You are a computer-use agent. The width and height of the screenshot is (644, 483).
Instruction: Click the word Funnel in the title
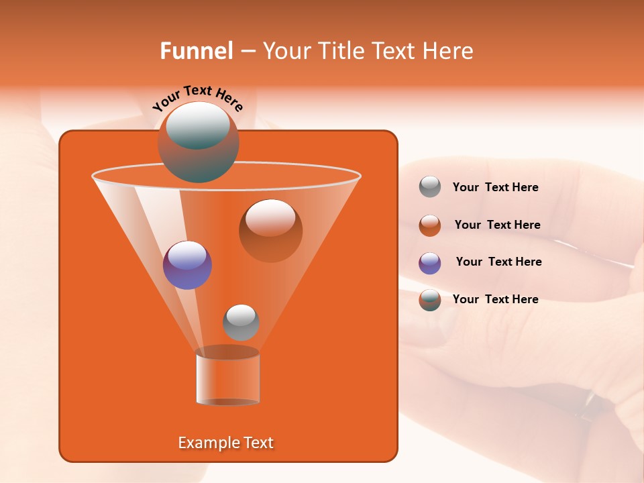[x=196, y=51]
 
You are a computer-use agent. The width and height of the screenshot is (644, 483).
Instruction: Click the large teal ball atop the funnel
[x=198, y=142]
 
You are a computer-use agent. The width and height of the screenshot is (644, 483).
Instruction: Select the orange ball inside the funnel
[x=270, y=230]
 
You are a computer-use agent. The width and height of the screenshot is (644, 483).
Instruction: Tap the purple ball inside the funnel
[x=187, y=265]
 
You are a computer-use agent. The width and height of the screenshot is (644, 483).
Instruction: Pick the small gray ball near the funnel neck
[x=241, y=322]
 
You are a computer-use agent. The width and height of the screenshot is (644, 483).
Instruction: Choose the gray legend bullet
[x=429, y=187]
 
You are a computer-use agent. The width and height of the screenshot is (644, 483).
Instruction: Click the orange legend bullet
[x=429, y=225]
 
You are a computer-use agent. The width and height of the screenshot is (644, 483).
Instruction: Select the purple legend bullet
[x=429, y=263]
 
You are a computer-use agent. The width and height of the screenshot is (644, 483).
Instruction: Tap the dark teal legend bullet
[x=429, y=300]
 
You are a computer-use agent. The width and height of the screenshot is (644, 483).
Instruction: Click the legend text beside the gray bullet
[x=495, y=187]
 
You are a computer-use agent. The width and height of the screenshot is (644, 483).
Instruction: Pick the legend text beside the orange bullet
[x=497, y=225]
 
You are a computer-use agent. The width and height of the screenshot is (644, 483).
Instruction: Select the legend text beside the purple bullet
[x=498, y=262]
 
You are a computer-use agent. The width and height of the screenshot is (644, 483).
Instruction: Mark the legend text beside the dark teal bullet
[x=495, y=299]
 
